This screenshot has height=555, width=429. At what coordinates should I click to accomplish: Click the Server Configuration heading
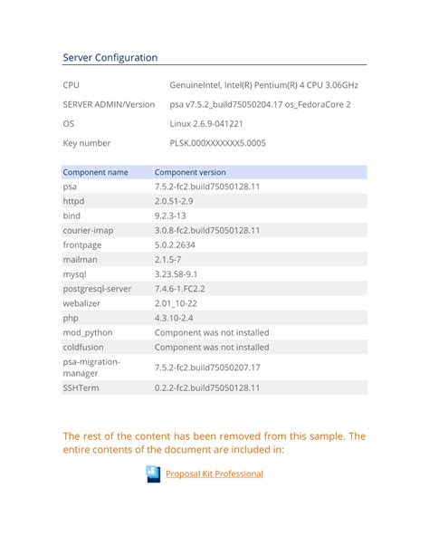110,57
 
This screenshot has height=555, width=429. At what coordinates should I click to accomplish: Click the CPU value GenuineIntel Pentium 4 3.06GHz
262,84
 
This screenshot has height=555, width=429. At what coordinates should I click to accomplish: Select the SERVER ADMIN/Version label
109,104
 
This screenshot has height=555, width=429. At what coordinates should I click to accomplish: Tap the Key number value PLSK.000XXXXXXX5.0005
217,143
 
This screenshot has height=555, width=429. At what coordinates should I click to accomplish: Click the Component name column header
95,172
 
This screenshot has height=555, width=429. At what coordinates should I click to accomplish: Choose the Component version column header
190,172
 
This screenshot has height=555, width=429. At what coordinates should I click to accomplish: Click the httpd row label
73,201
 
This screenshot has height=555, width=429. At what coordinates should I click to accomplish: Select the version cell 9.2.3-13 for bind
170,215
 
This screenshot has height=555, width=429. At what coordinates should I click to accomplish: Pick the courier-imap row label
88,230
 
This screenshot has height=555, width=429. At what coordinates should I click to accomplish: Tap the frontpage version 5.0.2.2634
182,244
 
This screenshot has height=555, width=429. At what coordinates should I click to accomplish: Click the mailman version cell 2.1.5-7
169,259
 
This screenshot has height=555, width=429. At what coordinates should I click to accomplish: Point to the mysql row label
73,273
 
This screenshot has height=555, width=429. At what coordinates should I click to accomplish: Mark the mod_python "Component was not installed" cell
212,332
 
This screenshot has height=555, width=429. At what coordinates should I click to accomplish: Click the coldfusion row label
82,347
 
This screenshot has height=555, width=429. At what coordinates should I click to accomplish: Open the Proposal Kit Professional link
214,474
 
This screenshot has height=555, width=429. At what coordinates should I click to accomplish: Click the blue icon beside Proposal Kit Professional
152,474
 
